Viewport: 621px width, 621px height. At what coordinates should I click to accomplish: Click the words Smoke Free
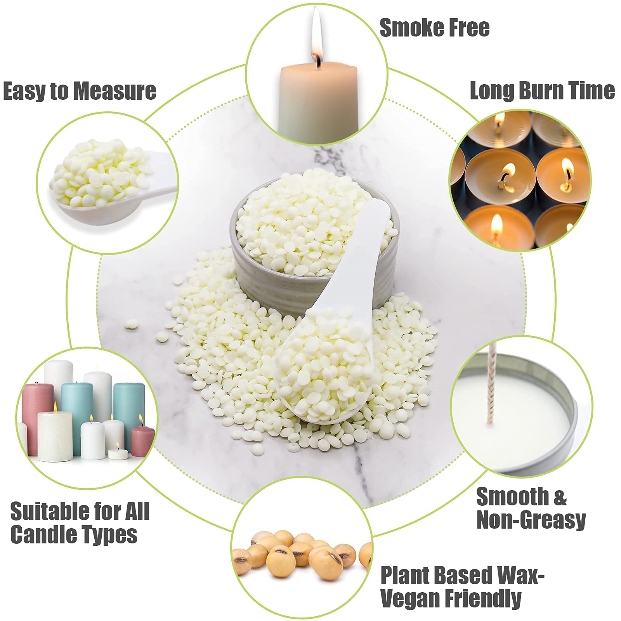pyautogui.click(x=434, y=28)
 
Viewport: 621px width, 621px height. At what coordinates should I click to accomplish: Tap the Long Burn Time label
pyautogui.click(x=542, y=91)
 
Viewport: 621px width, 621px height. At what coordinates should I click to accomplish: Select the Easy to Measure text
pyautogui.click(x=80, y=91)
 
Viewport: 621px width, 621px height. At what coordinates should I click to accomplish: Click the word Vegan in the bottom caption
pyautogui.click(x=410, y=598)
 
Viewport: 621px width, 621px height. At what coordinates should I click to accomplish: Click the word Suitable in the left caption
pyautogui.click(x=43, y=511)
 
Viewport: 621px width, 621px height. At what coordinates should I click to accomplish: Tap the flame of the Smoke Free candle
pyautogui.click(x=317, y=43)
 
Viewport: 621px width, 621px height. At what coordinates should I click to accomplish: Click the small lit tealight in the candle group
pyautogui.click(x=118, y=453)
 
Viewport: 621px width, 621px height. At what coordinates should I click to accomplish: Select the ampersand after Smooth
pyautogui.click(x=559, y=497)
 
